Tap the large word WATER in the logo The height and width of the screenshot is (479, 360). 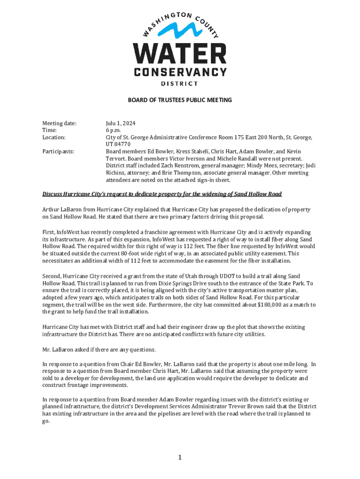[180, 55]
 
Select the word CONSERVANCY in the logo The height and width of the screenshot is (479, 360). [180, 73]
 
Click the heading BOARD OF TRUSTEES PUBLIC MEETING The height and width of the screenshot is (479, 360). [180, 100]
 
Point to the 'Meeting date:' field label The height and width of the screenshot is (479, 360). [59, 123]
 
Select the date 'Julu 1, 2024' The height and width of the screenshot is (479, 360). [121, 123]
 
